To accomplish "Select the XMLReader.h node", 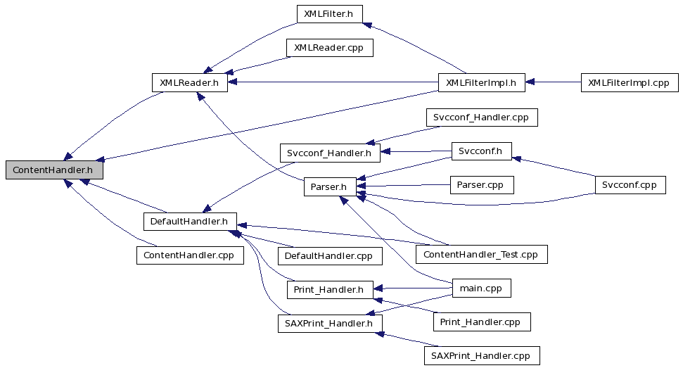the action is (189, 83).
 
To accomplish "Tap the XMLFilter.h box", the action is (329, 14).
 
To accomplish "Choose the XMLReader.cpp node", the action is (330, 47).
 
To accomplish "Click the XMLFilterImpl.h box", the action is (481, 83).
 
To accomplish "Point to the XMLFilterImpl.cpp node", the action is (630, 83).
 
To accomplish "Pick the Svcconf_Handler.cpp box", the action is (481, 118).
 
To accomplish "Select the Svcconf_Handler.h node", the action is (330, 153).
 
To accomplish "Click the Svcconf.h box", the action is (481, 151).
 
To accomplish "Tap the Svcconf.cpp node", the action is (630, 184).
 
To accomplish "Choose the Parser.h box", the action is (330, 187).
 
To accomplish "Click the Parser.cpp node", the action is (481, 184).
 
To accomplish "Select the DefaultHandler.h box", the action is (190, 221).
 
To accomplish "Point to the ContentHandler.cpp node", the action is (190, 255).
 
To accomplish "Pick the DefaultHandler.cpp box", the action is (330, 256).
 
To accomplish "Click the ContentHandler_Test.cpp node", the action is (481, 254).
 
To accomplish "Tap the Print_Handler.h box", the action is (330, 290).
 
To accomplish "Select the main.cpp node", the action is (481, 288).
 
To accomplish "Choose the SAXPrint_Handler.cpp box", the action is (482, 356).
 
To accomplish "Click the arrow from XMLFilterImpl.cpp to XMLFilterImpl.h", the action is (553, 82).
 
